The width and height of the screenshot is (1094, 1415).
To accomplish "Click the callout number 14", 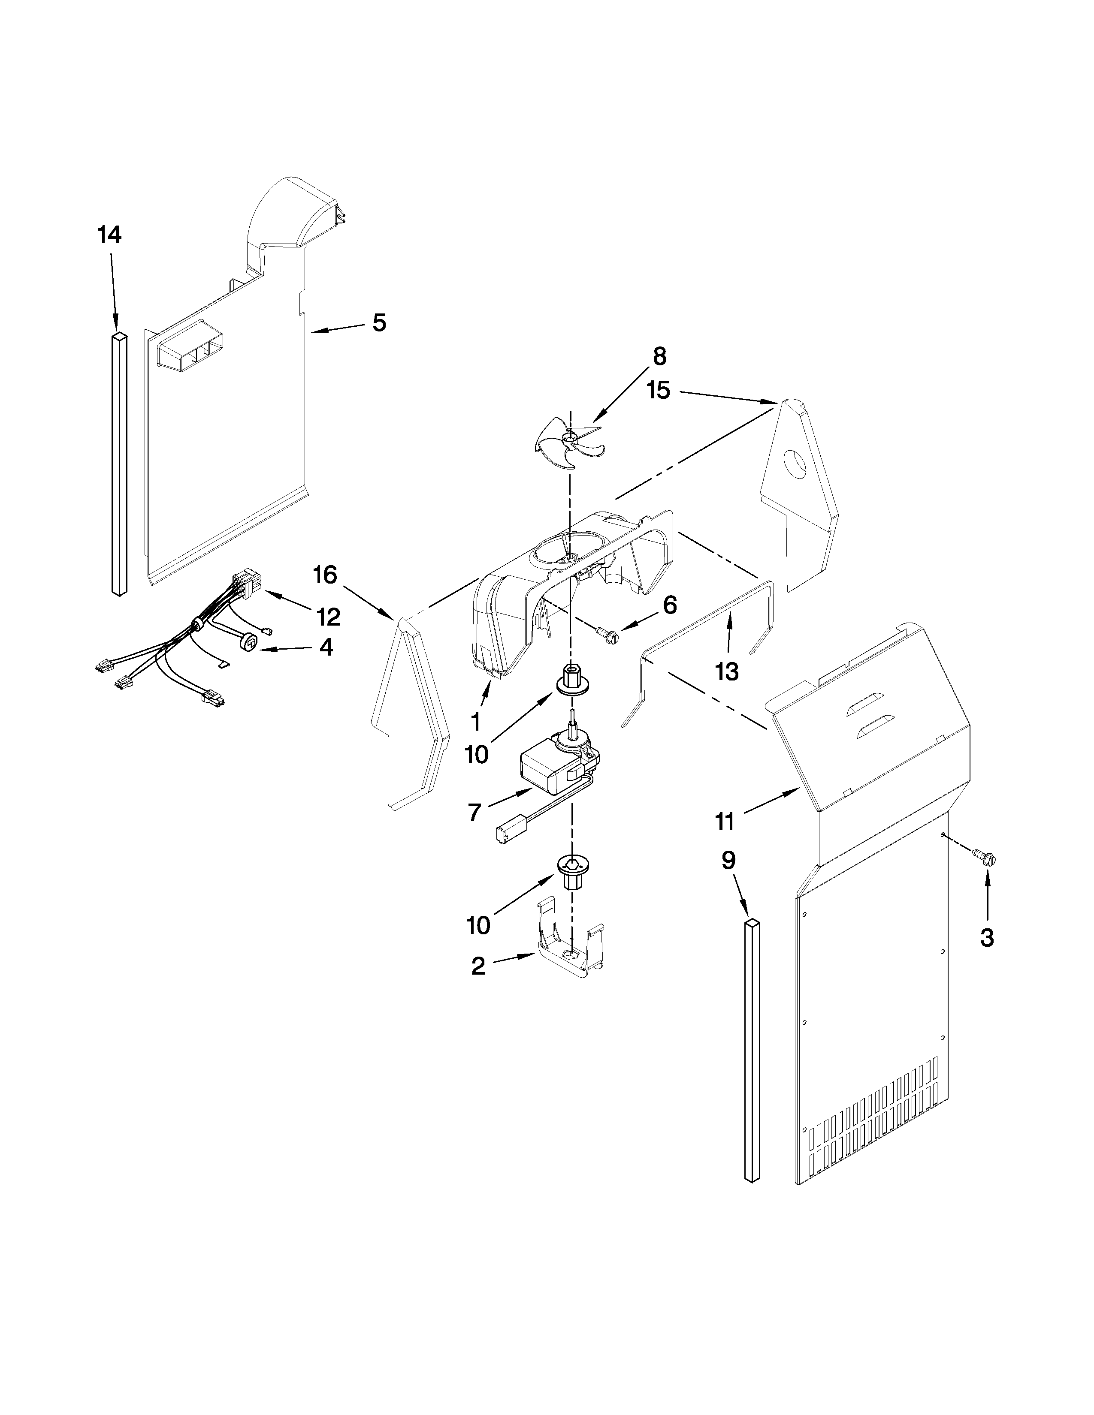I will pyautogui.click(x=109, y=235).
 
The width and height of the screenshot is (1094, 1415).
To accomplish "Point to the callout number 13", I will pyautogui.click(x=727, y=671).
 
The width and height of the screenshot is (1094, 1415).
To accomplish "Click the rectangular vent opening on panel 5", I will pyautogui.click(x=191, y=355).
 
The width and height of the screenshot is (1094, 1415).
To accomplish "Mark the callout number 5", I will pyautogui.click(x=379, y=322).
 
